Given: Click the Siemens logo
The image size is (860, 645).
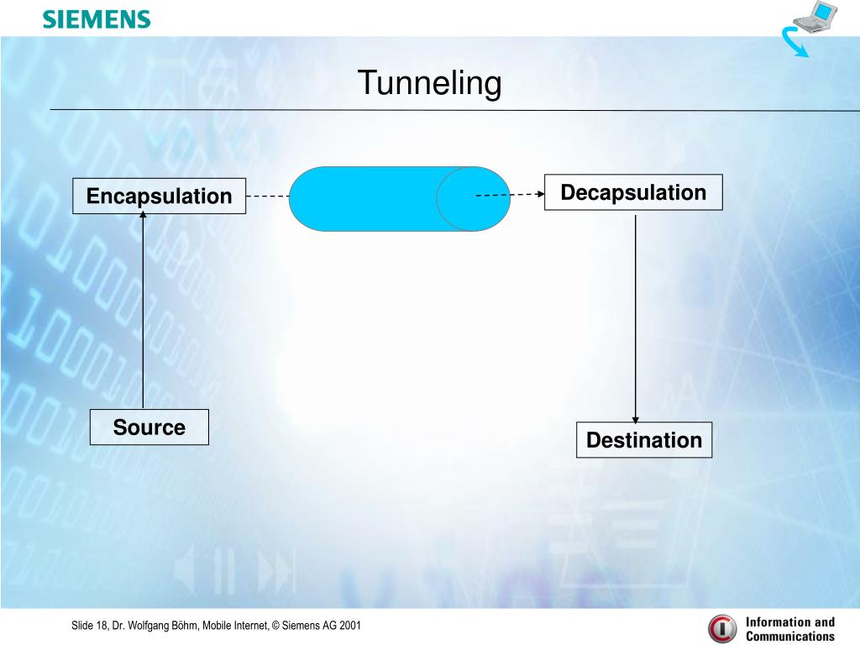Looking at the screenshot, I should pyautogui.click(x=97, y=19).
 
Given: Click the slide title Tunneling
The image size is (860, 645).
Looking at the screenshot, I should pyautogui.click(x=429, y=83).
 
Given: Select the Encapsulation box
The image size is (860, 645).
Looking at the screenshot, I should pyautogui.click(x=159, y=196).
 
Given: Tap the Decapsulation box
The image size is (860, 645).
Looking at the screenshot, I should pyautogui.click(x=633, y=192).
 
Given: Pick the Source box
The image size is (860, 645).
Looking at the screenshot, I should pyautogui.click(x=149, y=427).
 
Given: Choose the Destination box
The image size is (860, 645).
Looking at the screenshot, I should pyautogui.click(x=644, y=440).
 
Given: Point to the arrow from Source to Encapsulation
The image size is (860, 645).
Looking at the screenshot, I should pyautogui.click(x=143, y=311).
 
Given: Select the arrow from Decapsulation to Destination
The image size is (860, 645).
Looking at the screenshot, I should pyautogui.click(x=636, y=319).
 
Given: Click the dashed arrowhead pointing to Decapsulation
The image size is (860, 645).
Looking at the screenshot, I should pyautogui.click(x=539, y=194).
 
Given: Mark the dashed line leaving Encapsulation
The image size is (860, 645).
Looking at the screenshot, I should pyautogui.click(x=267, y=197).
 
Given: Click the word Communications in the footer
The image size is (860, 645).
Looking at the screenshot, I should pyautogui.click(x=790, y=637).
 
